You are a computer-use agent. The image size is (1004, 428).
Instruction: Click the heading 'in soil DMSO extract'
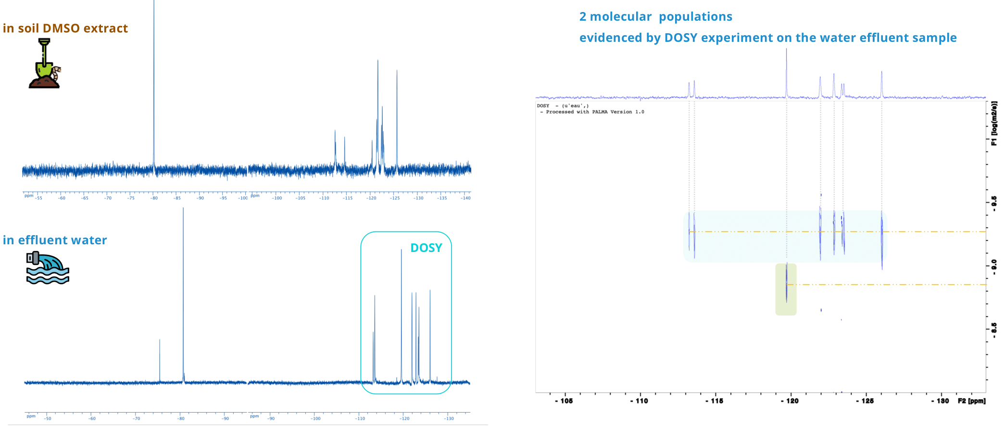65,28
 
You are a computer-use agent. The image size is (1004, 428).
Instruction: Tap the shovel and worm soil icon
45,64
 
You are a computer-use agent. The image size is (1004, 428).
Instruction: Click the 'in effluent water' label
55,240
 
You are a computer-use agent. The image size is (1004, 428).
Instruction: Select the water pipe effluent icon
47,267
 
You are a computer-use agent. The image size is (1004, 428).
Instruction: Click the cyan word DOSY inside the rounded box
426,248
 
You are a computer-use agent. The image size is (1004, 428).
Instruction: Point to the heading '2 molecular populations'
655,17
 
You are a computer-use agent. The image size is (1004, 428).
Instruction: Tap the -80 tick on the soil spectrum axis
154,198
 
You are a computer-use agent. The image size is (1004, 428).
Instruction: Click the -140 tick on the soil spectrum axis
465,198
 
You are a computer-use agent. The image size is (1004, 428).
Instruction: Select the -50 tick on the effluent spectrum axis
47,418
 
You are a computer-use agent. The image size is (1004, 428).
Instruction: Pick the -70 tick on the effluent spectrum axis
136,418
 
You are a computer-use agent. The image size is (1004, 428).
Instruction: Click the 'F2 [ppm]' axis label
971,401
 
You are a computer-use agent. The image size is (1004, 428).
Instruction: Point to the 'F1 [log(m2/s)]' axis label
994,123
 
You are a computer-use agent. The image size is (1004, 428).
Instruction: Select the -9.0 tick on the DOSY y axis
993,264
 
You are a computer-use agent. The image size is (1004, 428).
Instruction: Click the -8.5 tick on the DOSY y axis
993,328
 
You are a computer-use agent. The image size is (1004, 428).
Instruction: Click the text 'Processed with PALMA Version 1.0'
594,112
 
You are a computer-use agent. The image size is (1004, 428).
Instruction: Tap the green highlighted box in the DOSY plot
786,290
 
